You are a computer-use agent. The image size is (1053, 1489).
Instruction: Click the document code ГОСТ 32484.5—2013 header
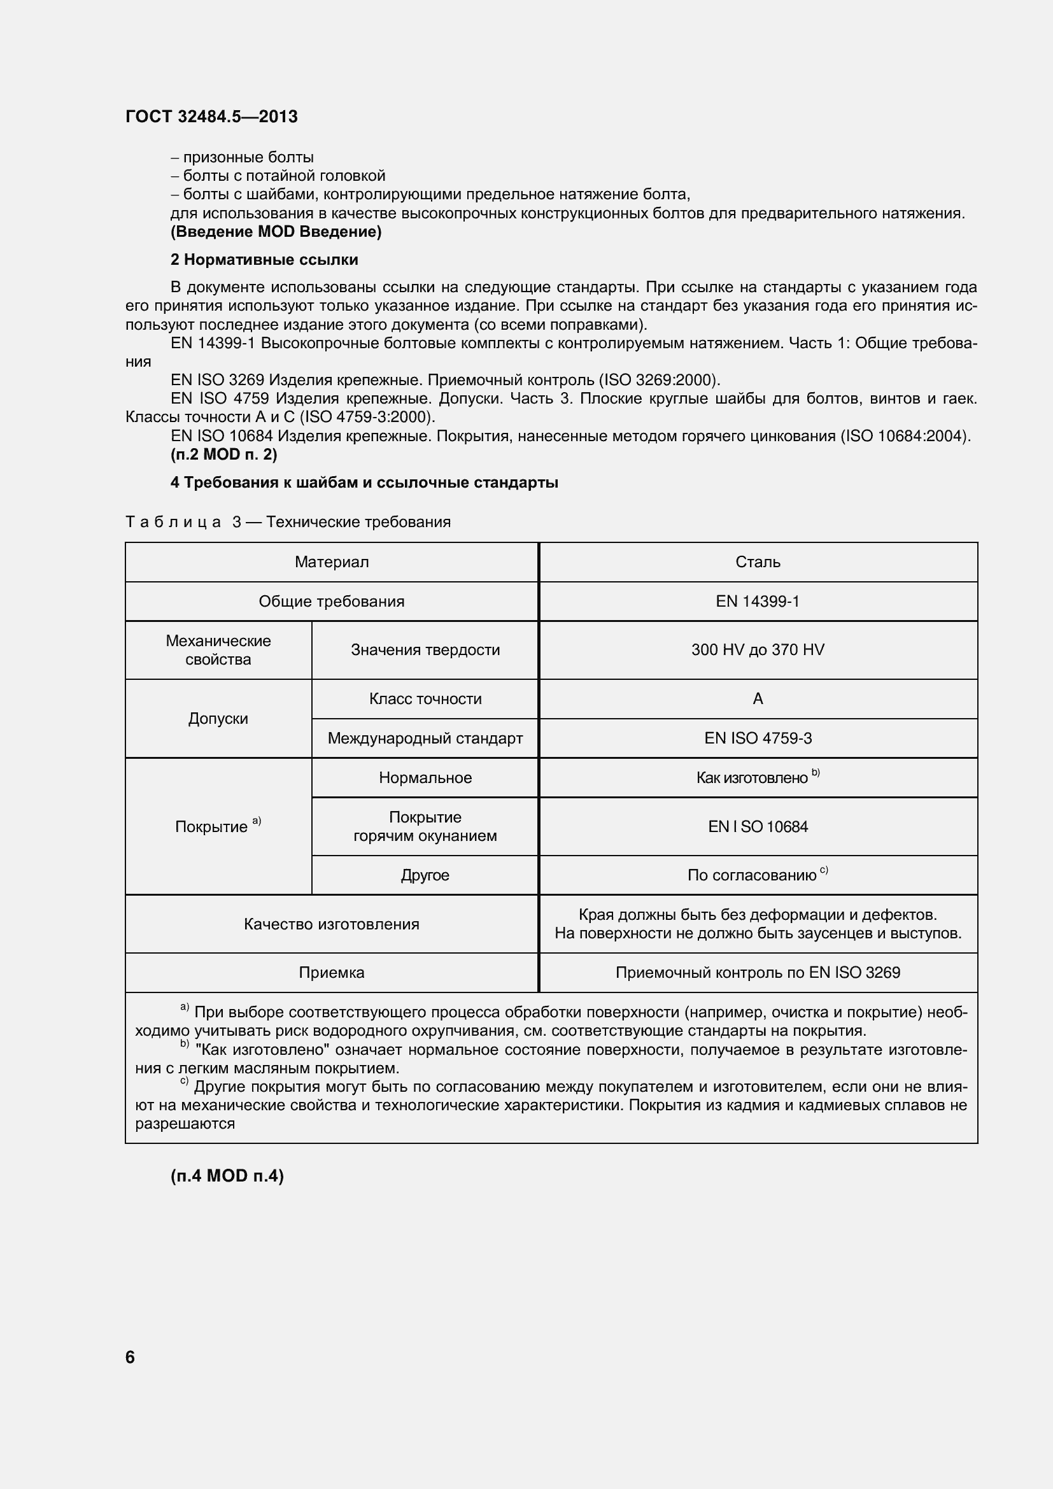pos(211,116)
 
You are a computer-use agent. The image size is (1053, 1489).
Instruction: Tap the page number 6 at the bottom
pos(130,1357)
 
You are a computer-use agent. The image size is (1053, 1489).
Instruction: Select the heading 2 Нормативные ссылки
pos(264,260)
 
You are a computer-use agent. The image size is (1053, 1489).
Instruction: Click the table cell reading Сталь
pos(758,562)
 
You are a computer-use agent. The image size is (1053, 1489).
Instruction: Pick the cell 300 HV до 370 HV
pos(758,650)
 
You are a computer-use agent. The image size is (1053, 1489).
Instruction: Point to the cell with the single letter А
pos(758,699)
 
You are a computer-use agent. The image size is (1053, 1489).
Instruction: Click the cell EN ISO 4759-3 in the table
pos(758,738)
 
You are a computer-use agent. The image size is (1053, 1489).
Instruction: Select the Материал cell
pos(331,562)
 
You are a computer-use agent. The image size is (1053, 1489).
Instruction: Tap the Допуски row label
pos(218,719)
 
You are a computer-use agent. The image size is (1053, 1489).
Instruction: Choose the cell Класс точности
pos(425,699)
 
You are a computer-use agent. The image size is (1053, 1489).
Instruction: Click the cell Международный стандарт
pos(425,738)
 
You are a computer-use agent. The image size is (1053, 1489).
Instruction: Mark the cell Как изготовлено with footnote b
pos(758,777)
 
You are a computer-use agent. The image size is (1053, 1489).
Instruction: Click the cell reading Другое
pos(425,875)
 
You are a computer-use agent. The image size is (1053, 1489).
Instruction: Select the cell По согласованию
pos(758,875)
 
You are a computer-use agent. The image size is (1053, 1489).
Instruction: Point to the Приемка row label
pos(331,973)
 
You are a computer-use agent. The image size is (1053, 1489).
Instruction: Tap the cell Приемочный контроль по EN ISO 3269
pos(758,973)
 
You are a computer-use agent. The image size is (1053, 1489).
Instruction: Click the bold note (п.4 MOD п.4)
pos(227,1176)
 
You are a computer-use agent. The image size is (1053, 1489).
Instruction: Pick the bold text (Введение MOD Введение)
pos(276,232)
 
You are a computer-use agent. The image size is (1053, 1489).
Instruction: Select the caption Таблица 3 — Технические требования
pos(288,522)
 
